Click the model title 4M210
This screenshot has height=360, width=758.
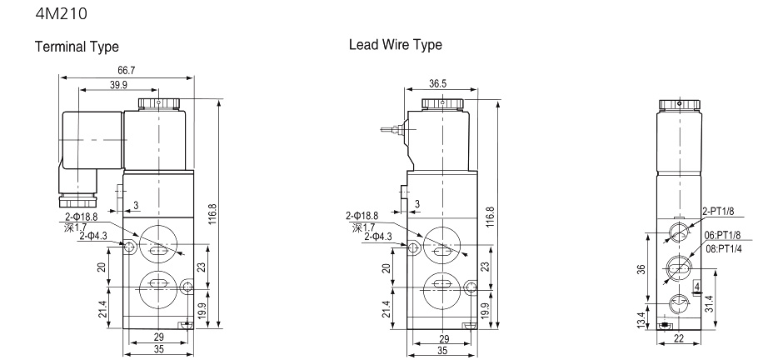57,13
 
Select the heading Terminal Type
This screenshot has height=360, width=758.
76,46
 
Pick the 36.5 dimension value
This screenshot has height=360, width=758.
438,84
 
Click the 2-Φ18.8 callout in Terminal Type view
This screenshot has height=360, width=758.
81,215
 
